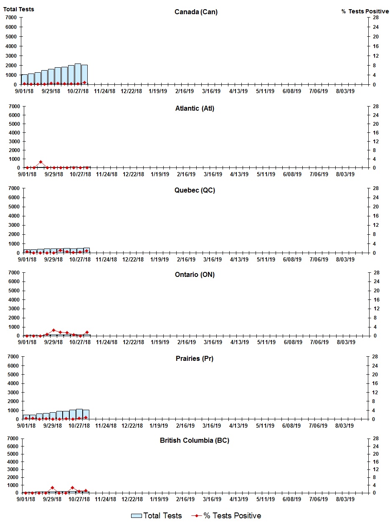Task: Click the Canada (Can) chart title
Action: (196, 12)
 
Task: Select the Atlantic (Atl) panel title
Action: (195, 109)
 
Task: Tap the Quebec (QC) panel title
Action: (195, 190)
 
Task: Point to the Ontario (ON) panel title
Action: (195, 274)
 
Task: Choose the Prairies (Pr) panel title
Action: (195, 358)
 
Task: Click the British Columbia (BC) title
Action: (195, 440)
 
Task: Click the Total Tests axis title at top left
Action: (19, 9)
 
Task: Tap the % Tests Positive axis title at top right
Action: (365, 11)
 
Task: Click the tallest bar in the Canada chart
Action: (78, 74)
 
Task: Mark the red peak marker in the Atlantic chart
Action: (41, 162)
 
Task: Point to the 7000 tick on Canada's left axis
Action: (11, 18)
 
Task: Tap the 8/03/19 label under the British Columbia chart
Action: (345, 500)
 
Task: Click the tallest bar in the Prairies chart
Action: (79, 414)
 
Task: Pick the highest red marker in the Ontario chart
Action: (53, 330)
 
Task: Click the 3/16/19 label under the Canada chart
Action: (211, 91)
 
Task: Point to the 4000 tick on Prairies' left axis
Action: (13, 383)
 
